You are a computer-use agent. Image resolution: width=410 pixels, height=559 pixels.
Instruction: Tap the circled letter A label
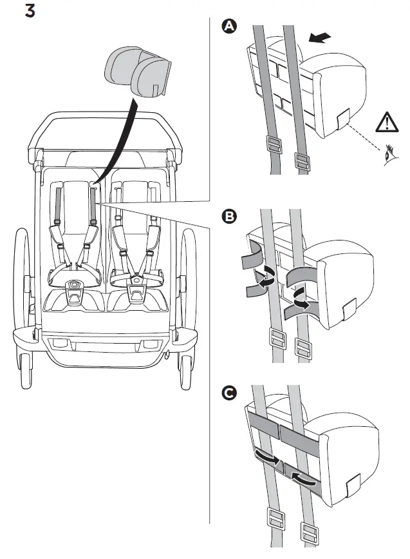(228, 26)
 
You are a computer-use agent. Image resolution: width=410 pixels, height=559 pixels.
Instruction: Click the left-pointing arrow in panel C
(303, 478)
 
